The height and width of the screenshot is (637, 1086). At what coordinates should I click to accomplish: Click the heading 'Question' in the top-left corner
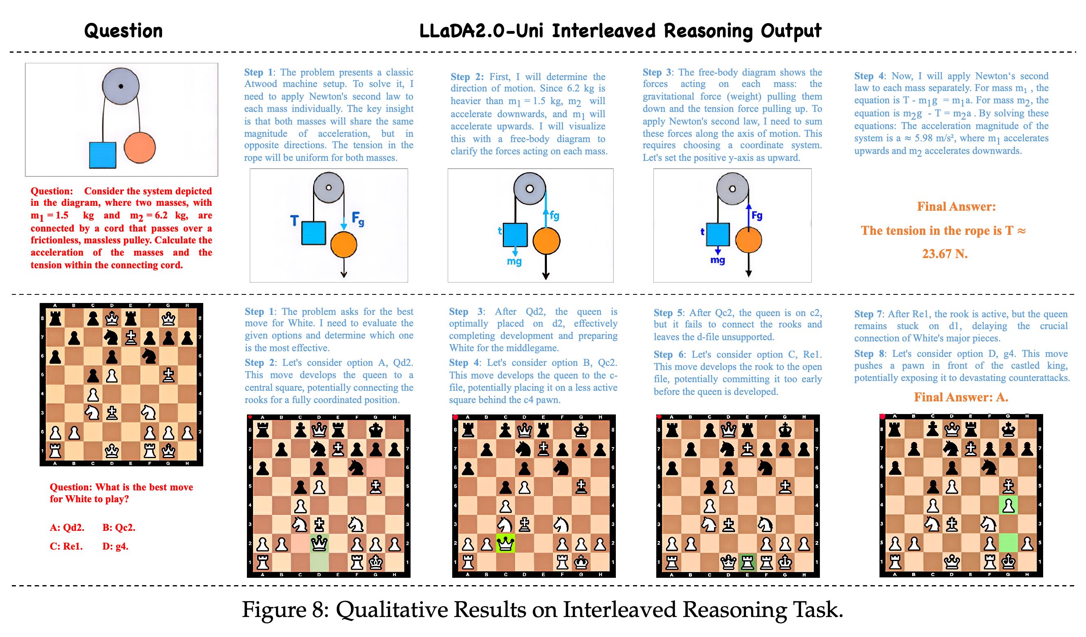tap(123, 31)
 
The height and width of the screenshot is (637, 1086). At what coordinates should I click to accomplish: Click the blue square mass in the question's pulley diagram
tap(102, 155)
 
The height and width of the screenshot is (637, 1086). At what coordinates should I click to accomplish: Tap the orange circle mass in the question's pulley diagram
tap(140, 147)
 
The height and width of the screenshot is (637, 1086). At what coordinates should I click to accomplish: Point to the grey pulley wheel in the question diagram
tap(121, 86)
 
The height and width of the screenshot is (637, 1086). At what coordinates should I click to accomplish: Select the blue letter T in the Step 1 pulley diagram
tap(294, 221)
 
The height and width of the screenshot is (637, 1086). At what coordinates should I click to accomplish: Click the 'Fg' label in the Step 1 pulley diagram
tap(358, 218)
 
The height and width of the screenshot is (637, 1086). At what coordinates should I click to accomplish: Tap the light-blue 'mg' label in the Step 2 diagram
tap(514, 262)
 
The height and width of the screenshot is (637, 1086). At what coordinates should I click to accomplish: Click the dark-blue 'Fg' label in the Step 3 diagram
tap(757, 215)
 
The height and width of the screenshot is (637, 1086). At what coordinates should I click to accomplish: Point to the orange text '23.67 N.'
tap(945, 254)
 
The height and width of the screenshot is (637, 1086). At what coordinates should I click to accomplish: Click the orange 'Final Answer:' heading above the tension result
tap(956, 207)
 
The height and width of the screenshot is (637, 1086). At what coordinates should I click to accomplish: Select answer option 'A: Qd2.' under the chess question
tap(67, 528)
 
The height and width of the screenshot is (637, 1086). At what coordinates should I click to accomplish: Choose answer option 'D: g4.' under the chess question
tap(115, 546)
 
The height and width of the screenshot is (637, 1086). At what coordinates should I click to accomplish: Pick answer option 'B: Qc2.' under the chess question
tap(119, 528)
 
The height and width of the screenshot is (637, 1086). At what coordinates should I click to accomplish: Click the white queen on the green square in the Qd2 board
tap(319, 543)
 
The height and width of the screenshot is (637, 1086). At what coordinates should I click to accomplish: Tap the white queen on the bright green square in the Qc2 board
tap(506, 543)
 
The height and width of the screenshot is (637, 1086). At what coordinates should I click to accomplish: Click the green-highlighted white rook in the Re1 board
tap(747, 562)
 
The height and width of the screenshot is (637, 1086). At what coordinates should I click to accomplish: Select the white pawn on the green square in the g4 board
tap(1008, 505)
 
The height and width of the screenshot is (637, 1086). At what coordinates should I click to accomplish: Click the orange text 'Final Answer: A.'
tap(961, 397)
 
